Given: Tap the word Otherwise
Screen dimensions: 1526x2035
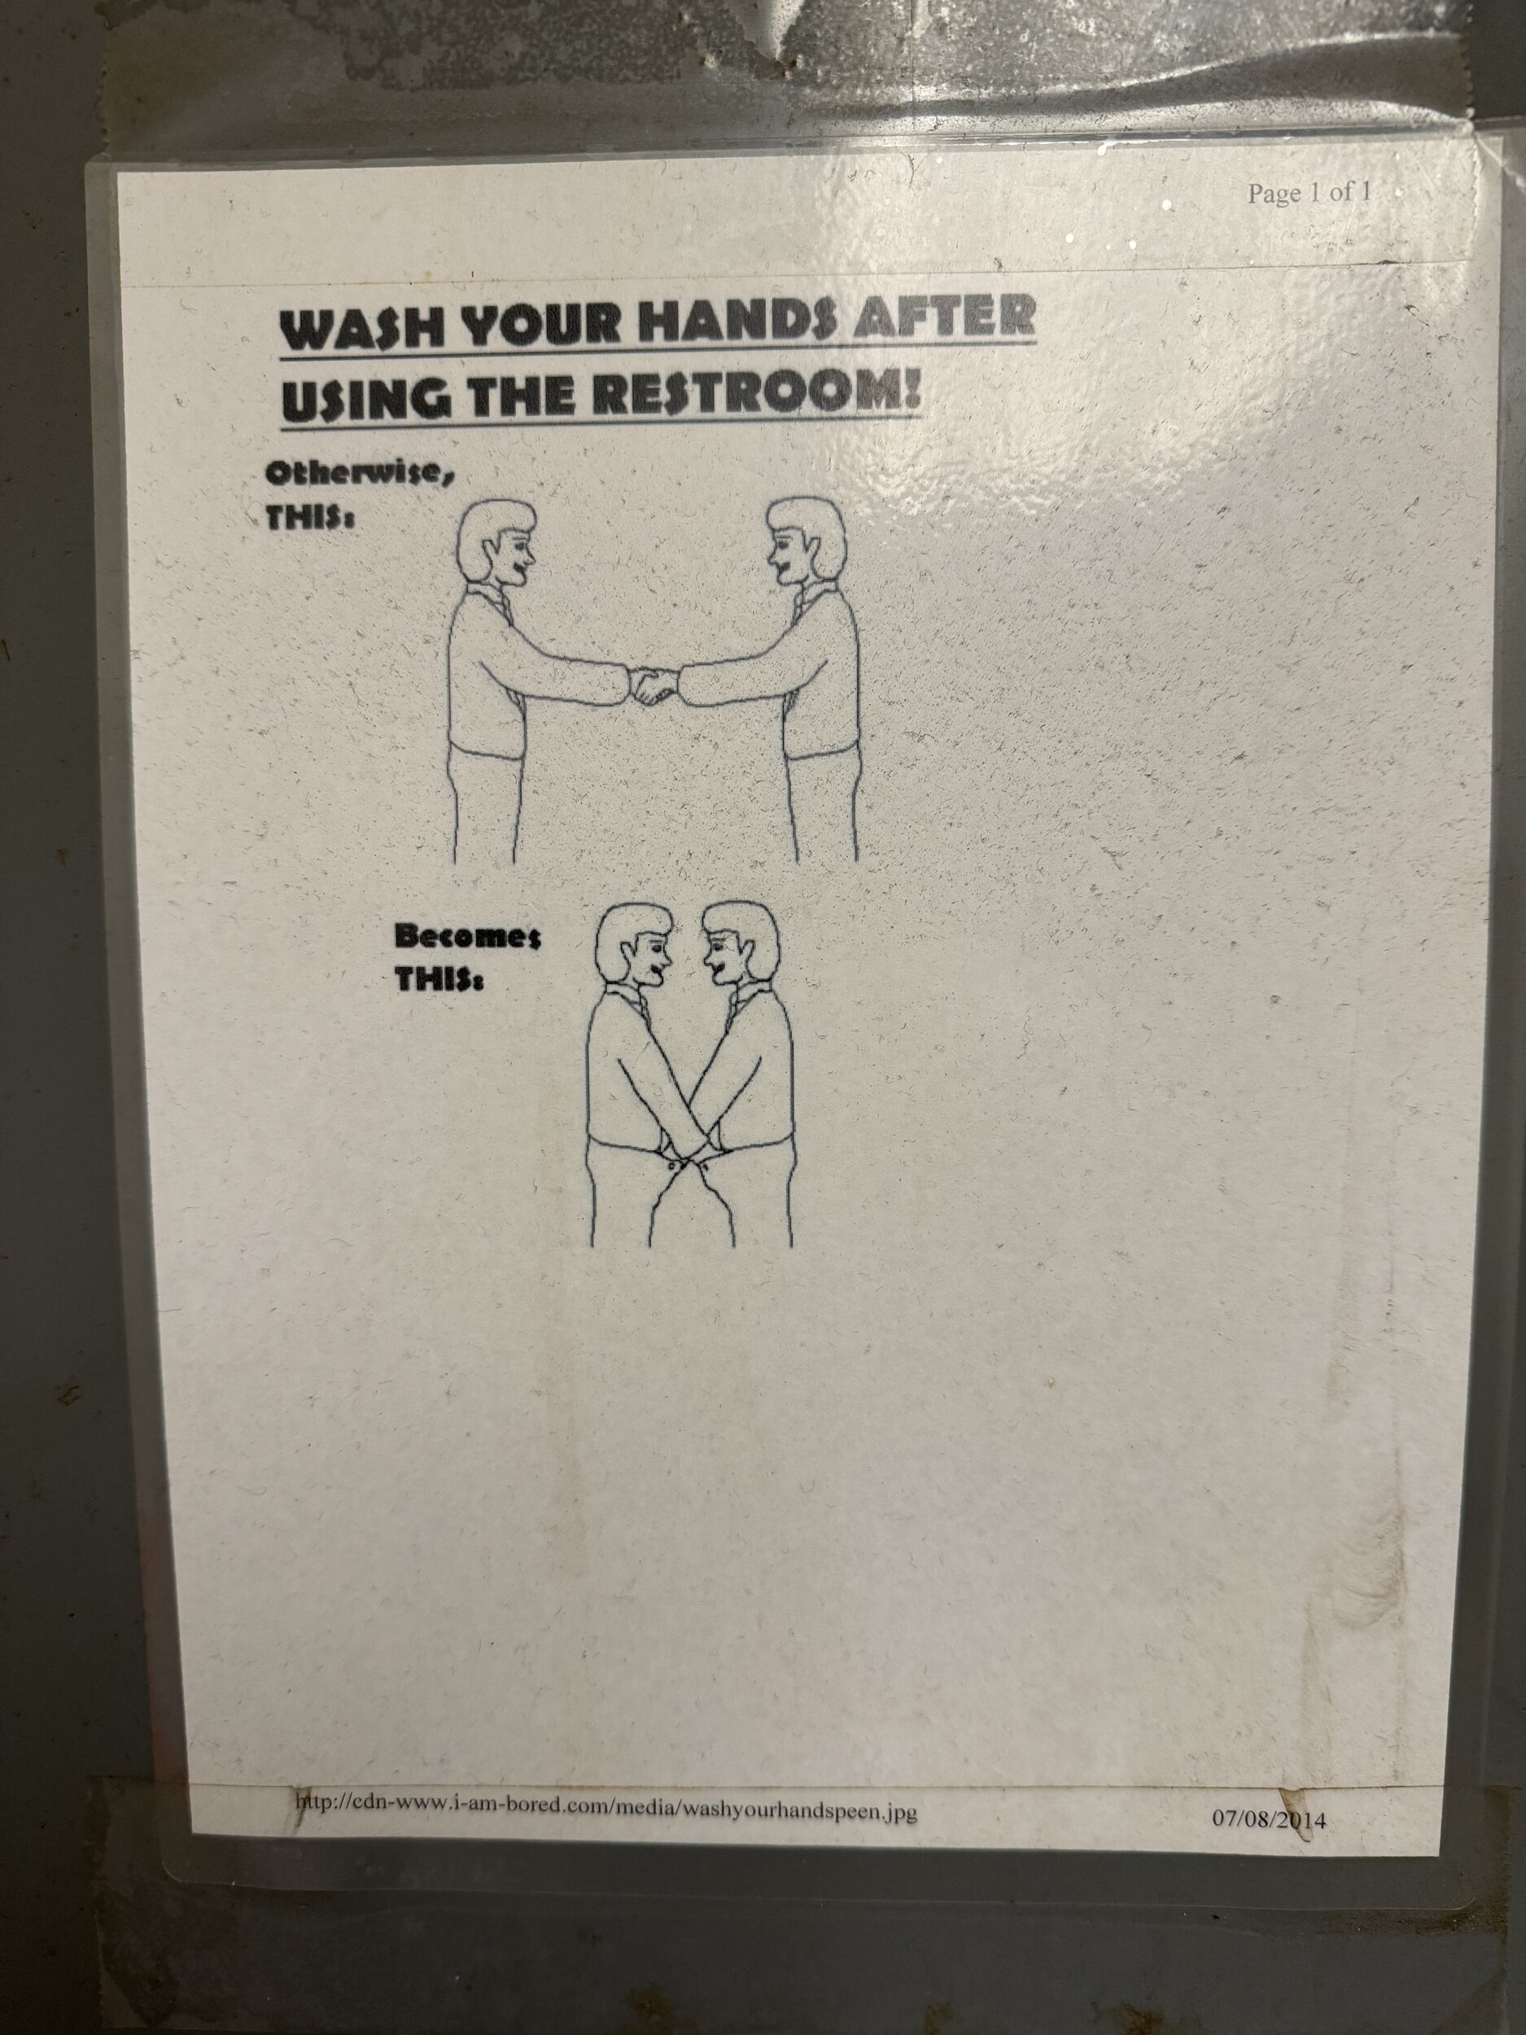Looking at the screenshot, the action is pyautogui.click(x=360, y=475).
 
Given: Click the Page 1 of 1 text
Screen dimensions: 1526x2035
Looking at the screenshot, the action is pyautogui.click(x=1309, y=192).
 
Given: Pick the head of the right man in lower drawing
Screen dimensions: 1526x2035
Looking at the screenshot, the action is pyautogui.click(x=741, y=945).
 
